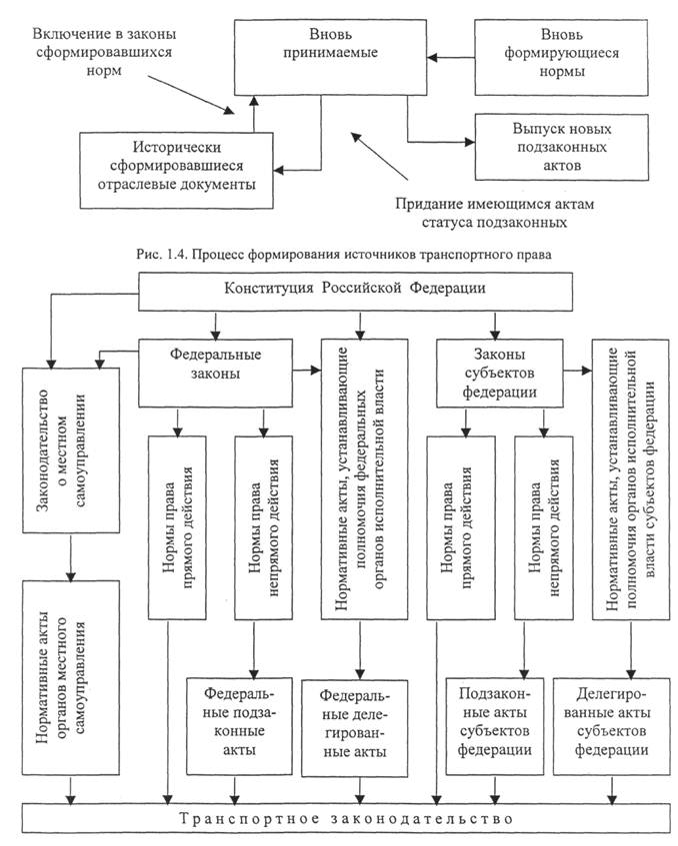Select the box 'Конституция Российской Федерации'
(355, 291)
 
